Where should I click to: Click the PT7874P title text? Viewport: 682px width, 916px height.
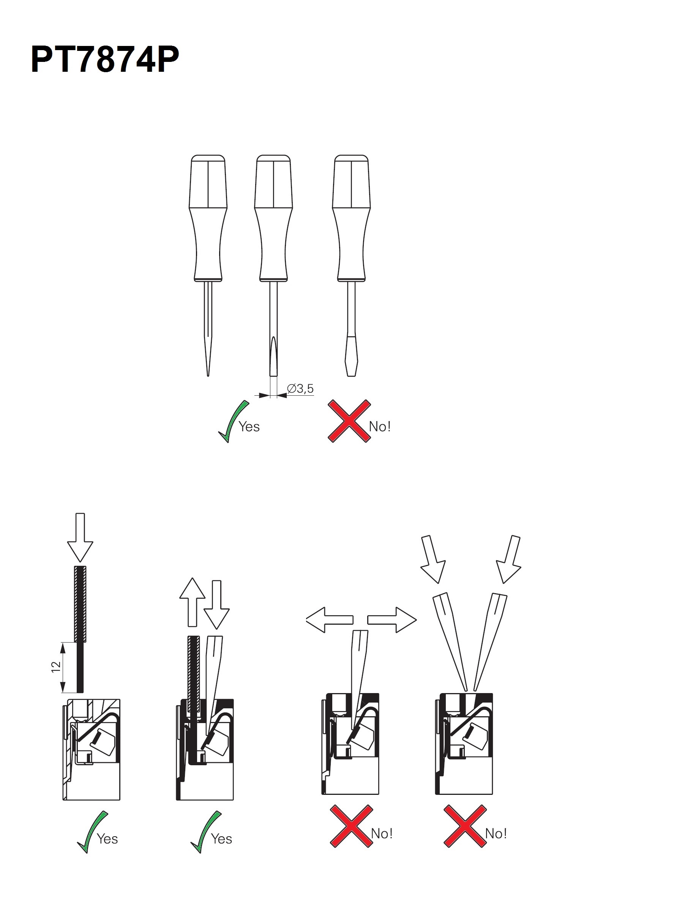tap(105, 60)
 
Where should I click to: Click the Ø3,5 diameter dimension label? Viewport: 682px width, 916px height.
tap(300, 389)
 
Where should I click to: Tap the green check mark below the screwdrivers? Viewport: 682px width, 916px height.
tap(233, 421)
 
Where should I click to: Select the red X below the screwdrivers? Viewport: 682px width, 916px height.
tap(349, 421)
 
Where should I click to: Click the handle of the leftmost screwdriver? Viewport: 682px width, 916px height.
tap(208, 218)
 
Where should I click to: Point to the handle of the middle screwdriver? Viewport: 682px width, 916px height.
tap(273, 218)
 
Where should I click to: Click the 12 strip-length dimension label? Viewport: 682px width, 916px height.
tap(56, 666)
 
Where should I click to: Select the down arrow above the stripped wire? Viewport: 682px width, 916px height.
tap(80, 537)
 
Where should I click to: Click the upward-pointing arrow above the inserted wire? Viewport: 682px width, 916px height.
tap(193, 602)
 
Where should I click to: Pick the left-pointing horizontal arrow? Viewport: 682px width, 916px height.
tap(330, 620)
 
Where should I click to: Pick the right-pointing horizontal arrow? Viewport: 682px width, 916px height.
tap(392, 620)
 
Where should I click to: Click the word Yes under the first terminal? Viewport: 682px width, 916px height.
tap(107, 839)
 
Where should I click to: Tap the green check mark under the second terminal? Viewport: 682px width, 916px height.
tap(205, 832)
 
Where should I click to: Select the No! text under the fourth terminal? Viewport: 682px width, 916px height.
tap(496, 834)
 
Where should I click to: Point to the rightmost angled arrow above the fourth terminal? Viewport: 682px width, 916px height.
tap(509, 559)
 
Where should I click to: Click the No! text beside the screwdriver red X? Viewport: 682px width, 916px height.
tap(380, 426)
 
